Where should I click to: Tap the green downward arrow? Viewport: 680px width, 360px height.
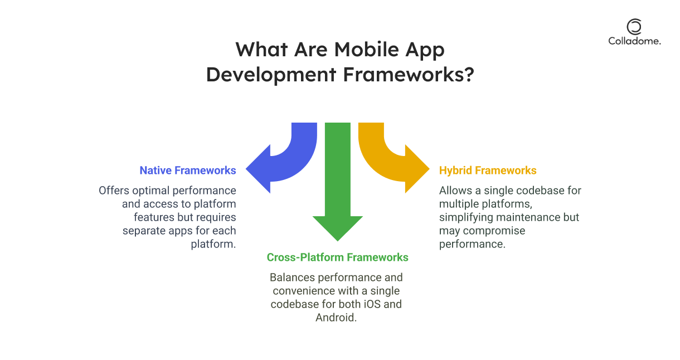[x=338, y=182]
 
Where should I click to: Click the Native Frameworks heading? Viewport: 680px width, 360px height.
[x=188, y=171]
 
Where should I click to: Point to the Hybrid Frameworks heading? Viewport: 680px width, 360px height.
[x=488, y=171]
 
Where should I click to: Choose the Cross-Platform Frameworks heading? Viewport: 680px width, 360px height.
[x=337, y=257]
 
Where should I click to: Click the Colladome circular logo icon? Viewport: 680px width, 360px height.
[x=634, y=27]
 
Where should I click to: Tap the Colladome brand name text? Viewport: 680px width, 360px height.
[x=634, y=41]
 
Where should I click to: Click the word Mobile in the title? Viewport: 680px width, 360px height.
[x=366, y=49]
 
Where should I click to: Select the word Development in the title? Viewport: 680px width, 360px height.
[x=271, y=74]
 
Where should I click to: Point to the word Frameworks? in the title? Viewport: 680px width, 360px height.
[x=409, y=74]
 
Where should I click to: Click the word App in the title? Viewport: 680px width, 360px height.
[x=425, y=50]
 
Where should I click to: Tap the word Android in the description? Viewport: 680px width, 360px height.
[x=336, y=318]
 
